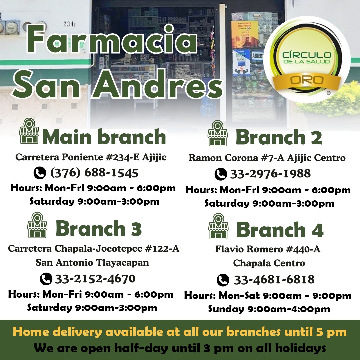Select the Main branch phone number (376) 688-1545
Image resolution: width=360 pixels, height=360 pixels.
(94, 173)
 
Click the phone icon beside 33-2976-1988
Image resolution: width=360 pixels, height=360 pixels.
(221, 174)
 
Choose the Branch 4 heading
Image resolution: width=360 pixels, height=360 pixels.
(280, 230)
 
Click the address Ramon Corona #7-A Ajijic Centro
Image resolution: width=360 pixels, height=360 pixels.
(267, 158)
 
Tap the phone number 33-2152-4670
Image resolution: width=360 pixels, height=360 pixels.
(95, 279)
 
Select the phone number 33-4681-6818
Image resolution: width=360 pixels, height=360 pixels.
(274, 280)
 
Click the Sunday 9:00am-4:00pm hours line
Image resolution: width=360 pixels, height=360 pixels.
(269, 309)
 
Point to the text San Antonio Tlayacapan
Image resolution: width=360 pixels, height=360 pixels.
(92, 262)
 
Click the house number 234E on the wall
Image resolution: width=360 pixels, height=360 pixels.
(70, 24)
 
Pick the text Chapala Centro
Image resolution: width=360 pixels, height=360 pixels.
(269, 263)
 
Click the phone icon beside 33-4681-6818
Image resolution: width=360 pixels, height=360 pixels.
(223, 280)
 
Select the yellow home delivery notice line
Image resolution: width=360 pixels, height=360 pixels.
(180, 332)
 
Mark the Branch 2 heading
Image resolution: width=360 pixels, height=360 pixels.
(279, 137)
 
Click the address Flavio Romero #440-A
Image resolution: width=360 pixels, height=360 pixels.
(268, 249)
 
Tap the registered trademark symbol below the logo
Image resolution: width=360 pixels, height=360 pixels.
(328, 93)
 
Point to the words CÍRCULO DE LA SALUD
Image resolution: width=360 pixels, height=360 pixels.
(307, 58)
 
